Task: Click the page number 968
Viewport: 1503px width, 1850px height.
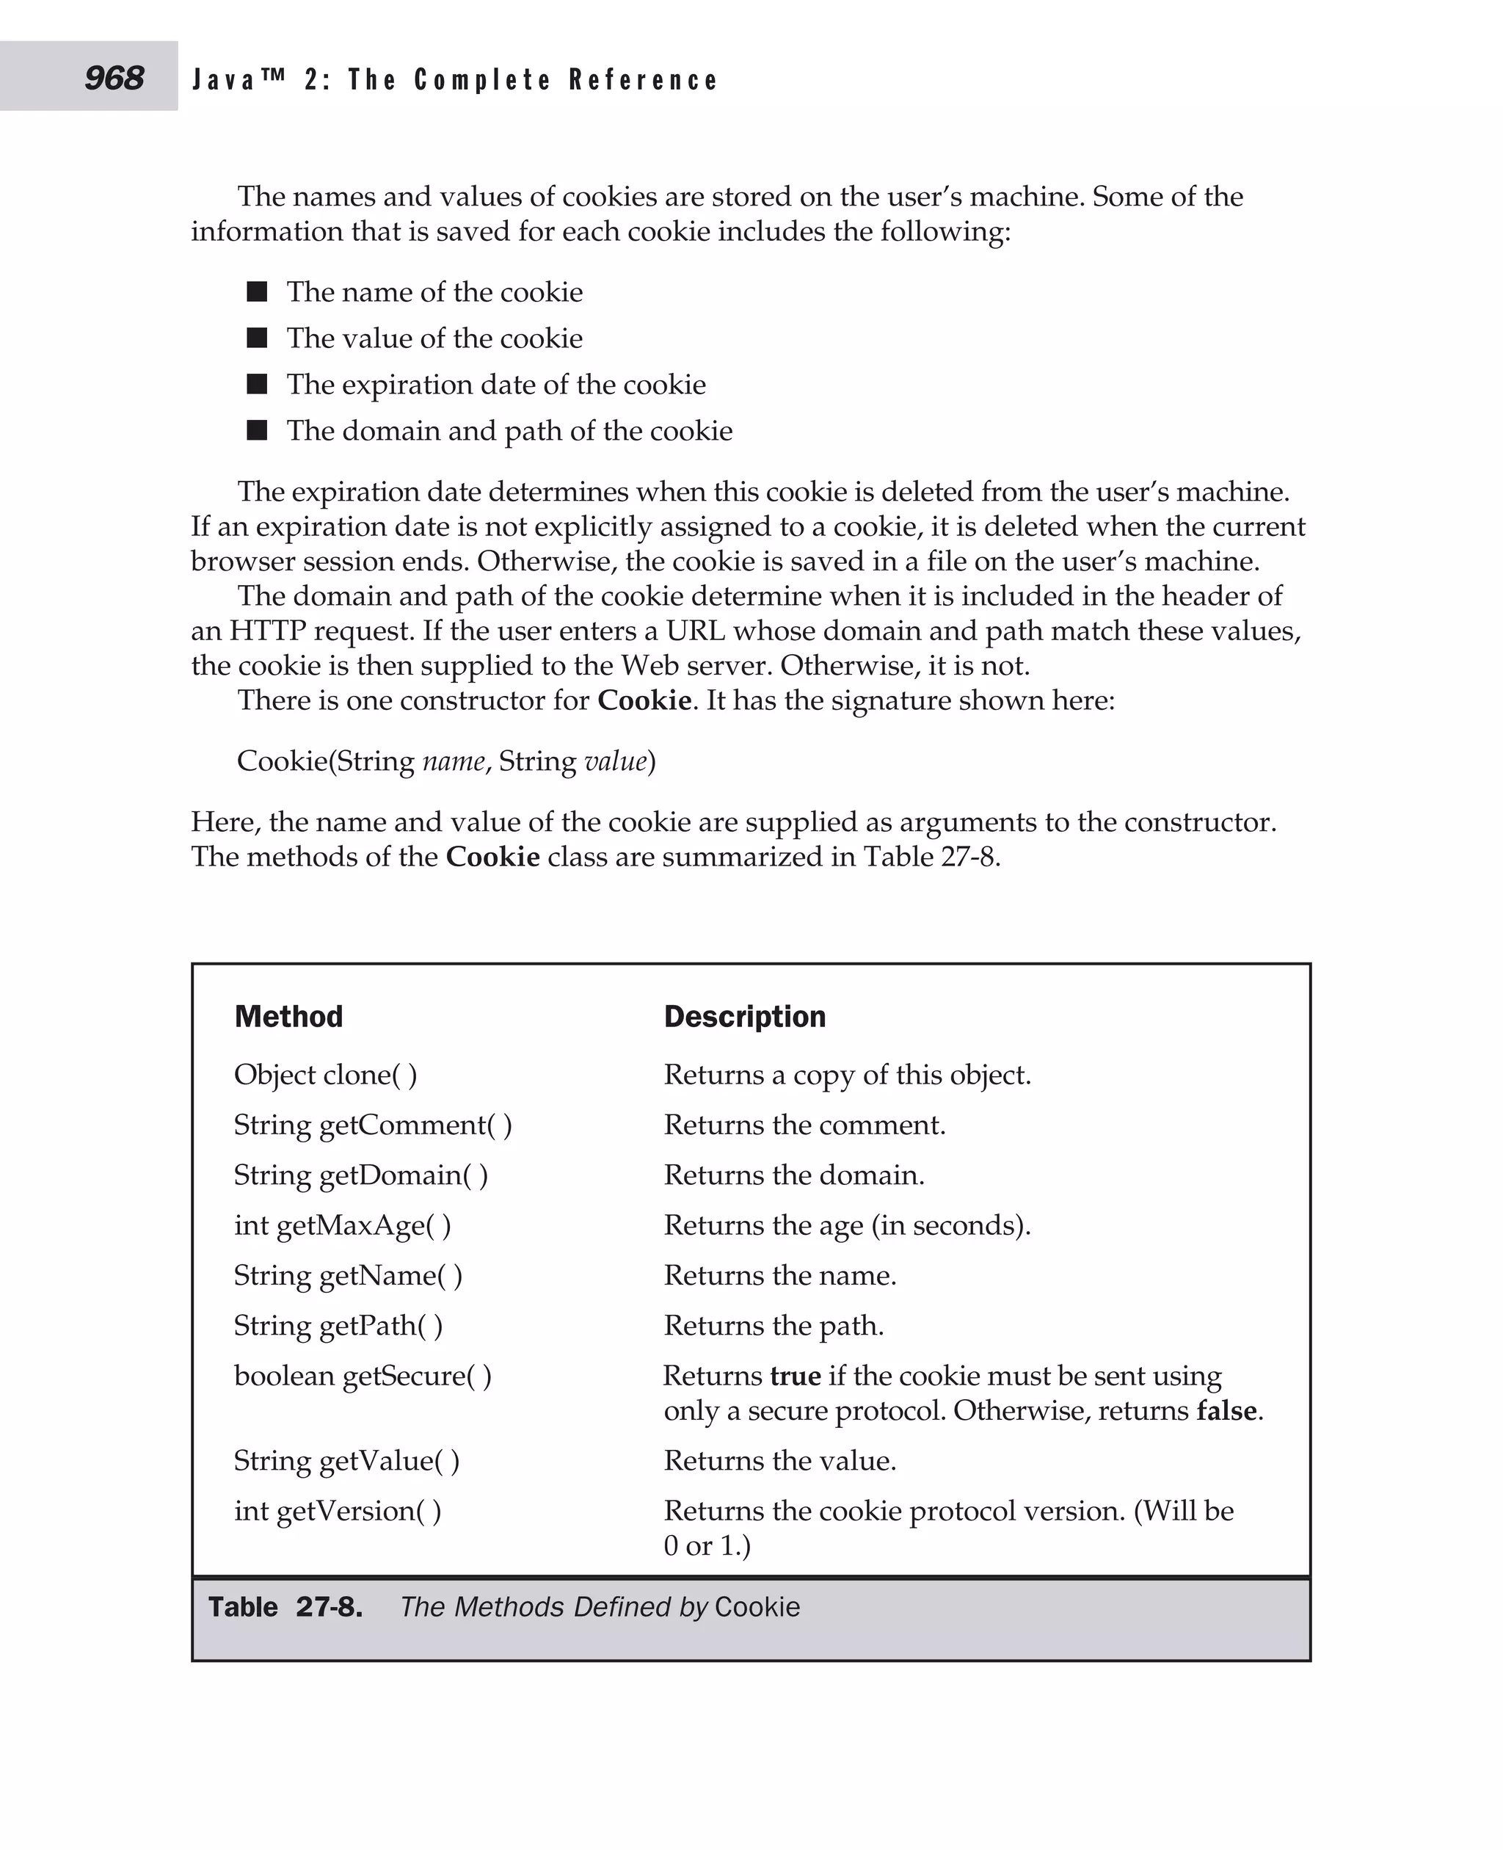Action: (x=114, y=78)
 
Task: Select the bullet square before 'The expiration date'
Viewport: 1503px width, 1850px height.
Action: (x=257, y=384)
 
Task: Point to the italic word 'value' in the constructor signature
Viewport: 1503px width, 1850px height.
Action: (x=616, y=761)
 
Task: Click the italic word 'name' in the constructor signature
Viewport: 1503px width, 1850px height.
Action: (x=454, y=761)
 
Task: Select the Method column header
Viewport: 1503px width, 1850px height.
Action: (x=288, y=1016)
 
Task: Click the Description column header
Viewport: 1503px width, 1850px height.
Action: (x=745, y=1016)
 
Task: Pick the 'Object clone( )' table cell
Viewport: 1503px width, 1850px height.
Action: (x=326, y=1075)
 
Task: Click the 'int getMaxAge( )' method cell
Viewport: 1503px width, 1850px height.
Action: (x=342, y=1225)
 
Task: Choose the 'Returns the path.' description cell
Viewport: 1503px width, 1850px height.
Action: (x=773, y=1325)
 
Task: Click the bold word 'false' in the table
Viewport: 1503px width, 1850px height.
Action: (x=1226, y=1410)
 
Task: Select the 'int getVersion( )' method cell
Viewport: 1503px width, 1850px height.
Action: (x=338, y=1511)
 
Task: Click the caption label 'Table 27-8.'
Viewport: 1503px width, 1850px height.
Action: (x=285, y=1608)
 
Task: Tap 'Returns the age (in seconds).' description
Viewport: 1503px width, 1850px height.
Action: (x=847, y=1225)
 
